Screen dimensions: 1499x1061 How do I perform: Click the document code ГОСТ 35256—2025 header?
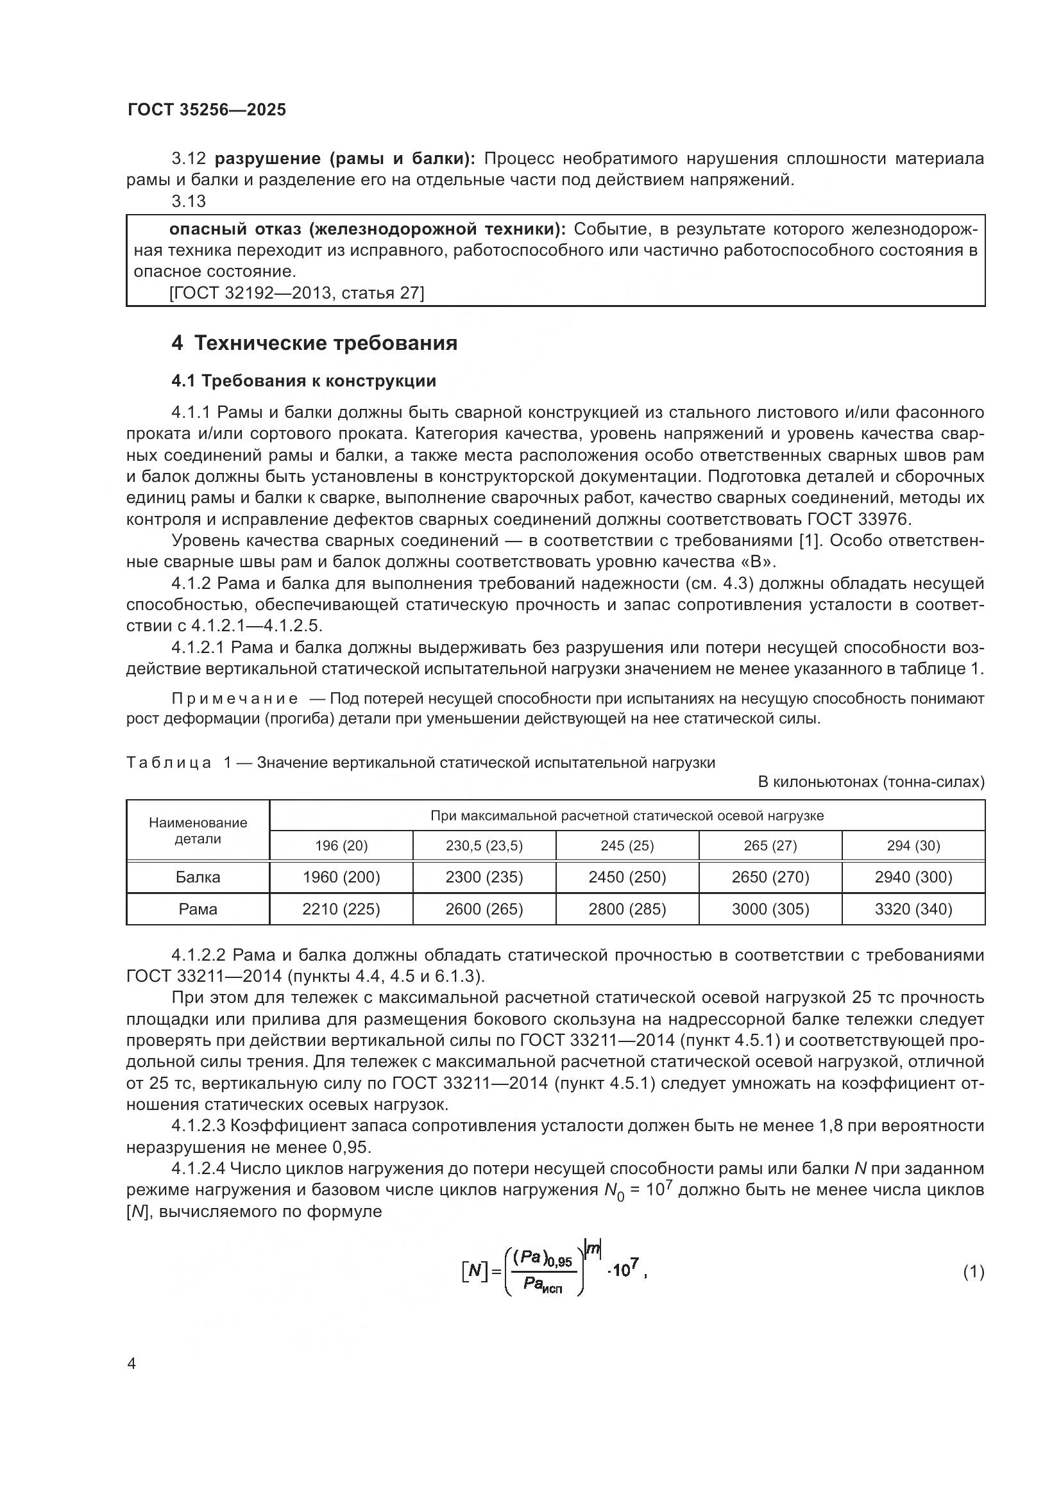pyautogui.click(x=207, y=110)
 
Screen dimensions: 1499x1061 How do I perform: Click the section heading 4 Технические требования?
pyautogui.click(x=314, y=343)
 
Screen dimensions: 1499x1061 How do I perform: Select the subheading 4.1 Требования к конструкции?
pyautogui.click(x=304, y=381)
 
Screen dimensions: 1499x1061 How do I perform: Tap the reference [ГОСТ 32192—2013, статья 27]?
pyautogui.click(x=296, y=293)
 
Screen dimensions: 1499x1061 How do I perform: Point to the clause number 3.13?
pyautogui.click(x=188, y=202)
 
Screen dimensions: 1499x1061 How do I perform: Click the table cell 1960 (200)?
pyautogui.click(x=341, y=877)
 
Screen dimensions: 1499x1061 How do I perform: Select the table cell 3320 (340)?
pyautogui.click(x=913, y=909)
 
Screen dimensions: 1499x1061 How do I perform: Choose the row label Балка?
pyautogui.click(x=198, y=877)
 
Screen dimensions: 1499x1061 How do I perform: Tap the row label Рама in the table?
pyautogui.click(x=198, y=909)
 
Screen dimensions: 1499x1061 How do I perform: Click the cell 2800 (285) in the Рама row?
pyautogui.click(x=627, y=909)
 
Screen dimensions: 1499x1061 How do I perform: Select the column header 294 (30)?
pyautogui.click(x=913, y=845)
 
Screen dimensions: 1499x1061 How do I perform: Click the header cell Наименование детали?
pyautogui.click(x=198, y=831)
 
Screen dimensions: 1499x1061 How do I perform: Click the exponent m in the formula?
pyautogui.click(x=593, y=1248)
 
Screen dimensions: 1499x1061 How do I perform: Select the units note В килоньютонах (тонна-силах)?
pyautogui.click(x=871, y=781)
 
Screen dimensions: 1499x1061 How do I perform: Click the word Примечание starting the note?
pyautogui.click(x=235, y=699)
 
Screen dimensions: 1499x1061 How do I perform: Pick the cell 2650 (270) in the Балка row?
pyautogui.click(x=770, y=877)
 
